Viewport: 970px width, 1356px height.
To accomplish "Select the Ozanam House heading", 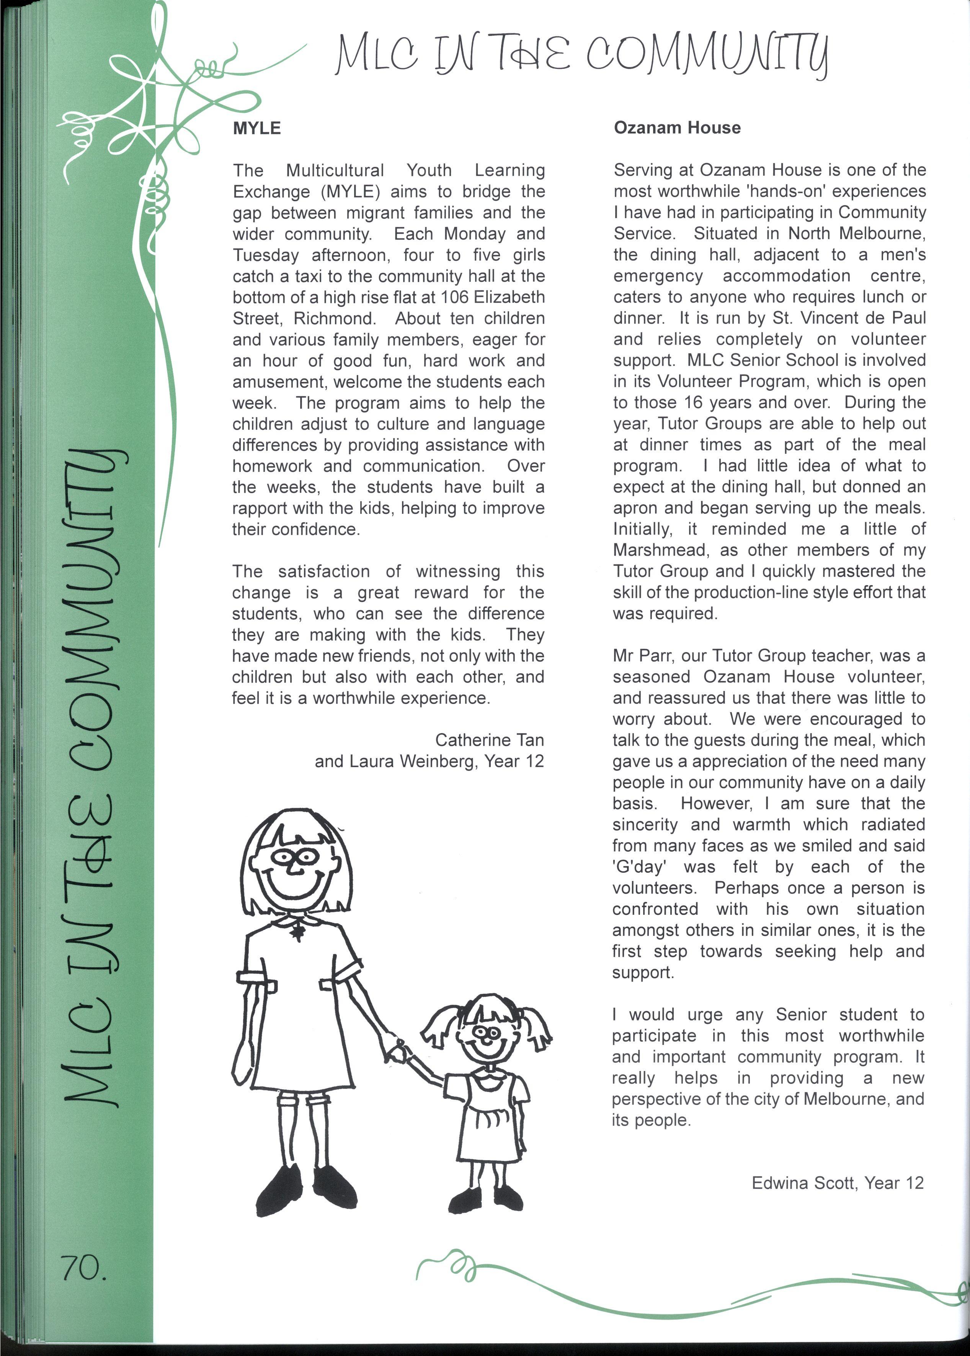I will point(677,128).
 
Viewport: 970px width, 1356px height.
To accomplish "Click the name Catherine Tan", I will point(489,740).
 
